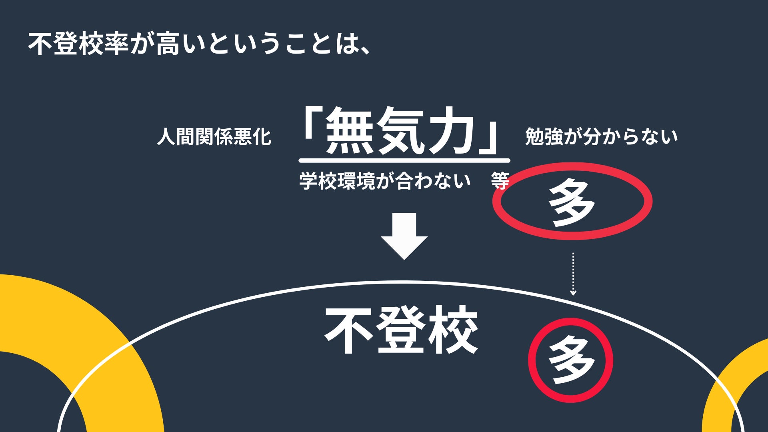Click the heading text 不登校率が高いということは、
[x=198, y=44]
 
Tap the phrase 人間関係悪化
[x=214, y=137]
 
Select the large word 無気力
[x=400, y=131]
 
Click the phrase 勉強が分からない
[x=601, y=137]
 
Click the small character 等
[x=500, y=181]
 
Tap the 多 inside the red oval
[x=572, y=202]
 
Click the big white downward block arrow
[x=404, y=236]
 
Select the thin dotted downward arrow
[x=573, y=274]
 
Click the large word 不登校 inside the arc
[x=401, y=330]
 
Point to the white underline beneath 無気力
[x=404, y=160]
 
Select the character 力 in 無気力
[x=450, y=131]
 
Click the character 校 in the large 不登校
[x=453, y=330]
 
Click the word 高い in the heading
[x=169, y=44]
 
